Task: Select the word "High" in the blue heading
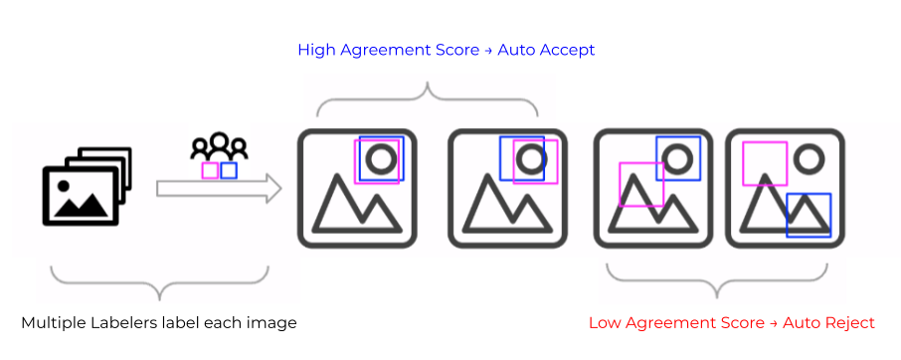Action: coord(316,50)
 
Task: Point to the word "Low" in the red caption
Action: coord(604,323)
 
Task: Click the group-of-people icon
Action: coord(219,147)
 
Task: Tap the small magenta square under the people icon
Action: coord(210,171)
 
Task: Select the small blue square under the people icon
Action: coord(229,171)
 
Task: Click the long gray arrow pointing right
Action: coord(219,189)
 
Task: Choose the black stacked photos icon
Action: coord(87,187)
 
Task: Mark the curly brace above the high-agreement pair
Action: coord(430,95)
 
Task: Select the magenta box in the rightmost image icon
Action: coord(765,163)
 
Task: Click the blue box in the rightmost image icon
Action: coord(808,216)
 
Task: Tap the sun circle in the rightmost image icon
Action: coord(809,159)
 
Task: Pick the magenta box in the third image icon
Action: coord(641,184)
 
